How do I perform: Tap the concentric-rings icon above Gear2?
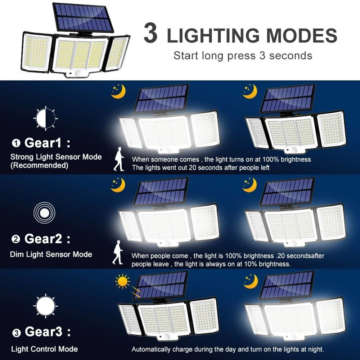click(x=44, y=213)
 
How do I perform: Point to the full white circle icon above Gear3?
click(x=45, y=305)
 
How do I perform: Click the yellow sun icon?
click(x=122, y=281)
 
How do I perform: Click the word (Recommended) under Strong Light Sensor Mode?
click(x=39, y=166)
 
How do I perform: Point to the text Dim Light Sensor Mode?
click(x=51, y=255)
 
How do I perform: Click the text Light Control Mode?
click(x=44, y=349)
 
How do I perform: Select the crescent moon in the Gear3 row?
click(x=251, y=281)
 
